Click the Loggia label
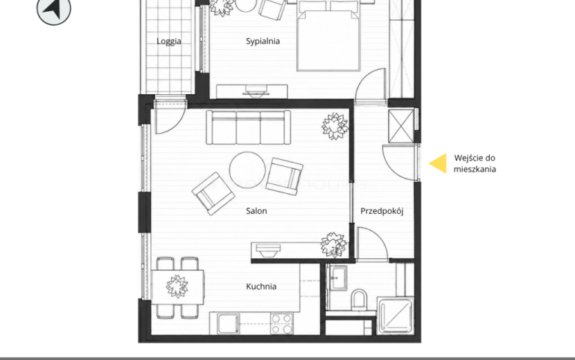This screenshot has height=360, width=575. tap(168, 42)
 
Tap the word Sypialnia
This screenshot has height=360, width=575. tap(263, 41)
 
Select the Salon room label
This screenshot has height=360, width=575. tap(256, 210)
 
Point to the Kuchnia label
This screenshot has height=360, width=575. tap(261, 287)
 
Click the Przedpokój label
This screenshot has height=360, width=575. tap(382, 211)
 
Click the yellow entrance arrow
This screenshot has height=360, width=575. tap(438, 163)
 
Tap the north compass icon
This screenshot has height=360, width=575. tap(54, 8)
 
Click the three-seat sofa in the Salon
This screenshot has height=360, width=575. tap(248, 127)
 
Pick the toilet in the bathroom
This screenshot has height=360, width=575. tap(359, 300)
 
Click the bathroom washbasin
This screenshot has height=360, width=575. tap(338, 278)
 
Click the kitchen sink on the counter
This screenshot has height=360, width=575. tap(228, 324)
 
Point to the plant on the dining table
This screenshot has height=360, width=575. tap(177, 287)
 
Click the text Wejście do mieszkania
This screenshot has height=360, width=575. tap(475, 163)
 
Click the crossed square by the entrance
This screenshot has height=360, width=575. tap(401, 126)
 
